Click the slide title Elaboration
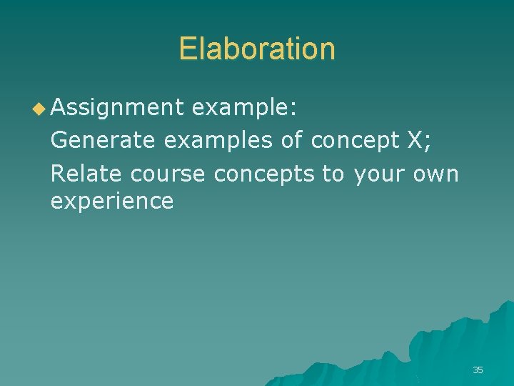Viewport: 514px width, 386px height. click(257, 49)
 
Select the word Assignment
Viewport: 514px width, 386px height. click(117, 109)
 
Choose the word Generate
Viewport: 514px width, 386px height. click(102, 140)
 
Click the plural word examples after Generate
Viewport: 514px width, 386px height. click(218, 142)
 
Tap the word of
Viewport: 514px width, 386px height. click(291, 140)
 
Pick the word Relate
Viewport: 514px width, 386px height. click(86, 172)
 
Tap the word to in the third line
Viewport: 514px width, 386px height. click(333, 172)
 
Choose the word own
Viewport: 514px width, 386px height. click(436, 173)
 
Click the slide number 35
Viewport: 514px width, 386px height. click(478, 370)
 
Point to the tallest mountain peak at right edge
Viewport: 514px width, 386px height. click(505, 306)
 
